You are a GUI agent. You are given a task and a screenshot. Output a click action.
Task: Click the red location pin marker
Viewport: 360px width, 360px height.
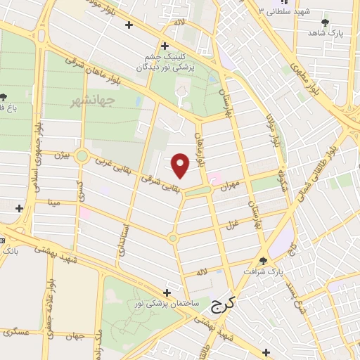[x=181, y=165]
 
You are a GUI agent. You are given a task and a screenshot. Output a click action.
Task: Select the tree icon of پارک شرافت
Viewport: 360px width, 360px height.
[x=264, y=260]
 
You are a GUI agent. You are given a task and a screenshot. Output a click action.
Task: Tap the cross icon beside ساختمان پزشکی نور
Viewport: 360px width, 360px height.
[x=167, y=292]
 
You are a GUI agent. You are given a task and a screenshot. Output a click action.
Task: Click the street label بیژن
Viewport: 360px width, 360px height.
[x=63, y=153]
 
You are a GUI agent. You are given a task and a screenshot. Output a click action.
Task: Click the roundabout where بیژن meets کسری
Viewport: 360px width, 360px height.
[x=82, y=155]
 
